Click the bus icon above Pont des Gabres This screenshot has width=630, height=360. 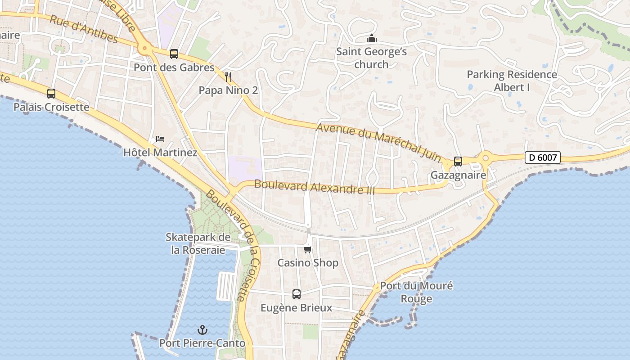pos(174,54)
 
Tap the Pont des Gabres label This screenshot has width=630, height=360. pos(174,67)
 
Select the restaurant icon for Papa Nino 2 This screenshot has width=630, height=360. pos(228,77)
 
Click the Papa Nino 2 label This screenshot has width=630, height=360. pos(228,90)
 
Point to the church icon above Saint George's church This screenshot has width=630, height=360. pos(372,38)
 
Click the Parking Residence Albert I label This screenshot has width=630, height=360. pos(512,81)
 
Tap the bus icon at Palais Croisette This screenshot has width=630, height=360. pos(51,94)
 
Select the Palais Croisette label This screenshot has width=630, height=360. pos(51,107)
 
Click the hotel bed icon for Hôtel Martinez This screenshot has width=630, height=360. pos(160,139)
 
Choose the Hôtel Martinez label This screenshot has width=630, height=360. pos(160,153)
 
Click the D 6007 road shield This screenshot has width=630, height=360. pos(542,157)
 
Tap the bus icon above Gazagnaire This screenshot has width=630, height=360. pos(458,161)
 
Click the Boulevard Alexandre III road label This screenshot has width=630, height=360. pos(315,187)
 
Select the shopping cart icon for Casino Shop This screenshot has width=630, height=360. pos(308,249)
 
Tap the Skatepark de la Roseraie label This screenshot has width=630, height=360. pos(198,243)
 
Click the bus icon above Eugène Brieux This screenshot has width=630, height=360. pos(296,294)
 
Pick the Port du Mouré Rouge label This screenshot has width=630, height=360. pos(416,292)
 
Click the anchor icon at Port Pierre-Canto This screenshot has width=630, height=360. pos(202,330)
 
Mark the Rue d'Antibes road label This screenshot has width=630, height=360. pos(84,29)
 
